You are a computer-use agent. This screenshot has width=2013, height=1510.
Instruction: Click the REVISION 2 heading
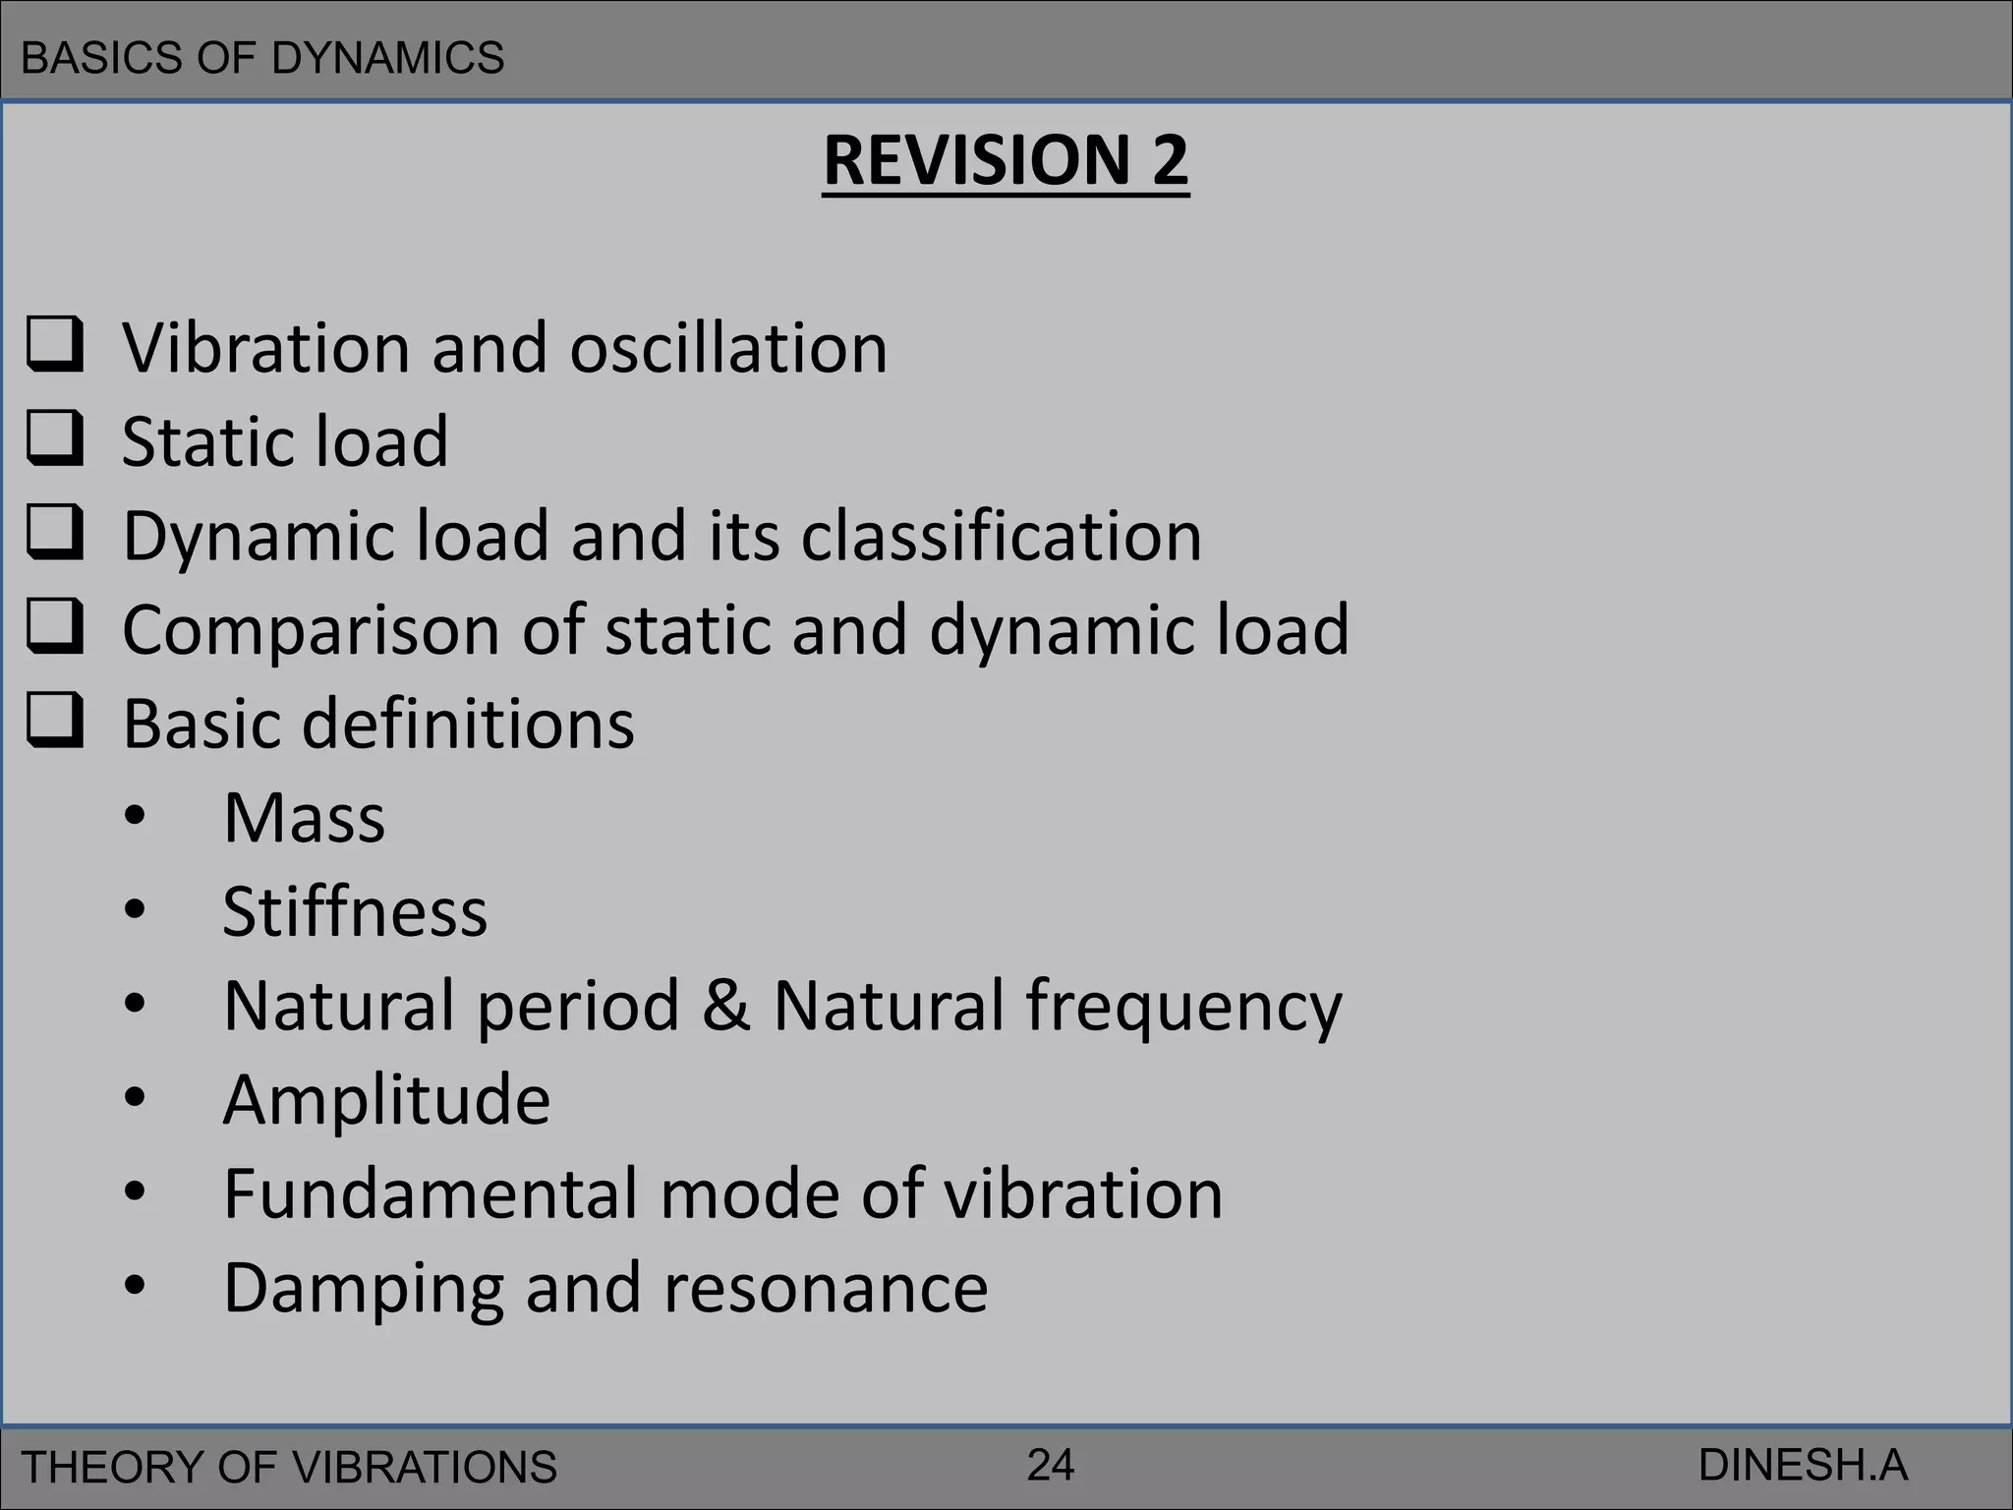(1006, 160)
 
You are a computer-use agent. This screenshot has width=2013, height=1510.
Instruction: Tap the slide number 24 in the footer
(1051, 1465)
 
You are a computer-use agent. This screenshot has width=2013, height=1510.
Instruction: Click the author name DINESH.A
(1803, 1466)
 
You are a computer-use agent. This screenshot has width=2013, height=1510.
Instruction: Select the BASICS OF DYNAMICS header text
(262, 58)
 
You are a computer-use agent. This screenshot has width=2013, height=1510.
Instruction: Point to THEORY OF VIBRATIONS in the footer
(289, 1467)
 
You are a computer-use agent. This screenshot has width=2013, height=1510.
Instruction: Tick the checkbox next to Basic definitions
(54, 721)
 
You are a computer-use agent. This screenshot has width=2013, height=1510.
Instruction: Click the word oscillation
(728, 348)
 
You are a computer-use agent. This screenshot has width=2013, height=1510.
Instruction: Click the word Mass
(304, 818)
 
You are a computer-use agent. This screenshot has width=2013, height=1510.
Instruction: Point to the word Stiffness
(355, 912)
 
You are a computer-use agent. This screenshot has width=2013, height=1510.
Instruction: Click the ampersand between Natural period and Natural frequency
(725, 1006)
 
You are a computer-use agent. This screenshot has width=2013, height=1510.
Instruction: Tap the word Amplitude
(386, 1100)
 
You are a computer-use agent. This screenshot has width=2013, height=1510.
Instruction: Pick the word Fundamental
(431, 1193)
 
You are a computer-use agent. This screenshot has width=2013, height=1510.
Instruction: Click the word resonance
(826, 1288)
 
